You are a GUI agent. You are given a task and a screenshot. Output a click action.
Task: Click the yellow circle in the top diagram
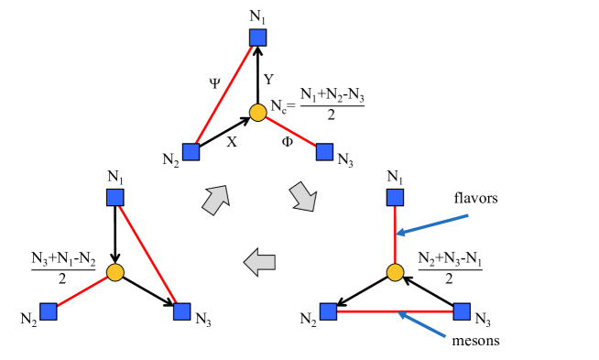[x=258, y=112]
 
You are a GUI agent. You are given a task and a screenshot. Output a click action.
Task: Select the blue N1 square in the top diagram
[x=258, y=38]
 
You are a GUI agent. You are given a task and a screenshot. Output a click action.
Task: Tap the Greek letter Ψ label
[x=214, y=82]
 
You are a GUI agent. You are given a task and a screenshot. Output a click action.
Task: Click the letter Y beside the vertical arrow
[x=268, y=79]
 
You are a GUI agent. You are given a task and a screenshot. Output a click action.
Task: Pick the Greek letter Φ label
[x=288, y=142]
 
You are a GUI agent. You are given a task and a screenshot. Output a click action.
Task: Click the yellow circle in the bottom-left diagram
[x=114, y=272]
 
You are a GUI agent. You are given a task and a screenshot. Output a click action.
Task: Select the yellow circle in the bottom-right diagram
[x=395, y=272]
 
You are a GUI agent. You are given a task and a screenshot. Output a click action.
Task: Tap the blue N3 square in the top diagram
[x=323, y=151]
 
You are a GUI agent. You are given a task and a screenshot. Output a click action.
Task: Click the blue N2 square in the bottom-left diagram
[x=49, y=311]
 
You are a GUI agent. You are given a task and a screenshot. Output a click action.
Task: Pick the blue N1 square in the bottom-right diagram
[x=395, y=197]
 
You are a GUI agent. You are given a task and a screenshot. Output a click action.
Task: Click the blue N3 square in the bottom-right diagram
[x=462, y=311]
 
